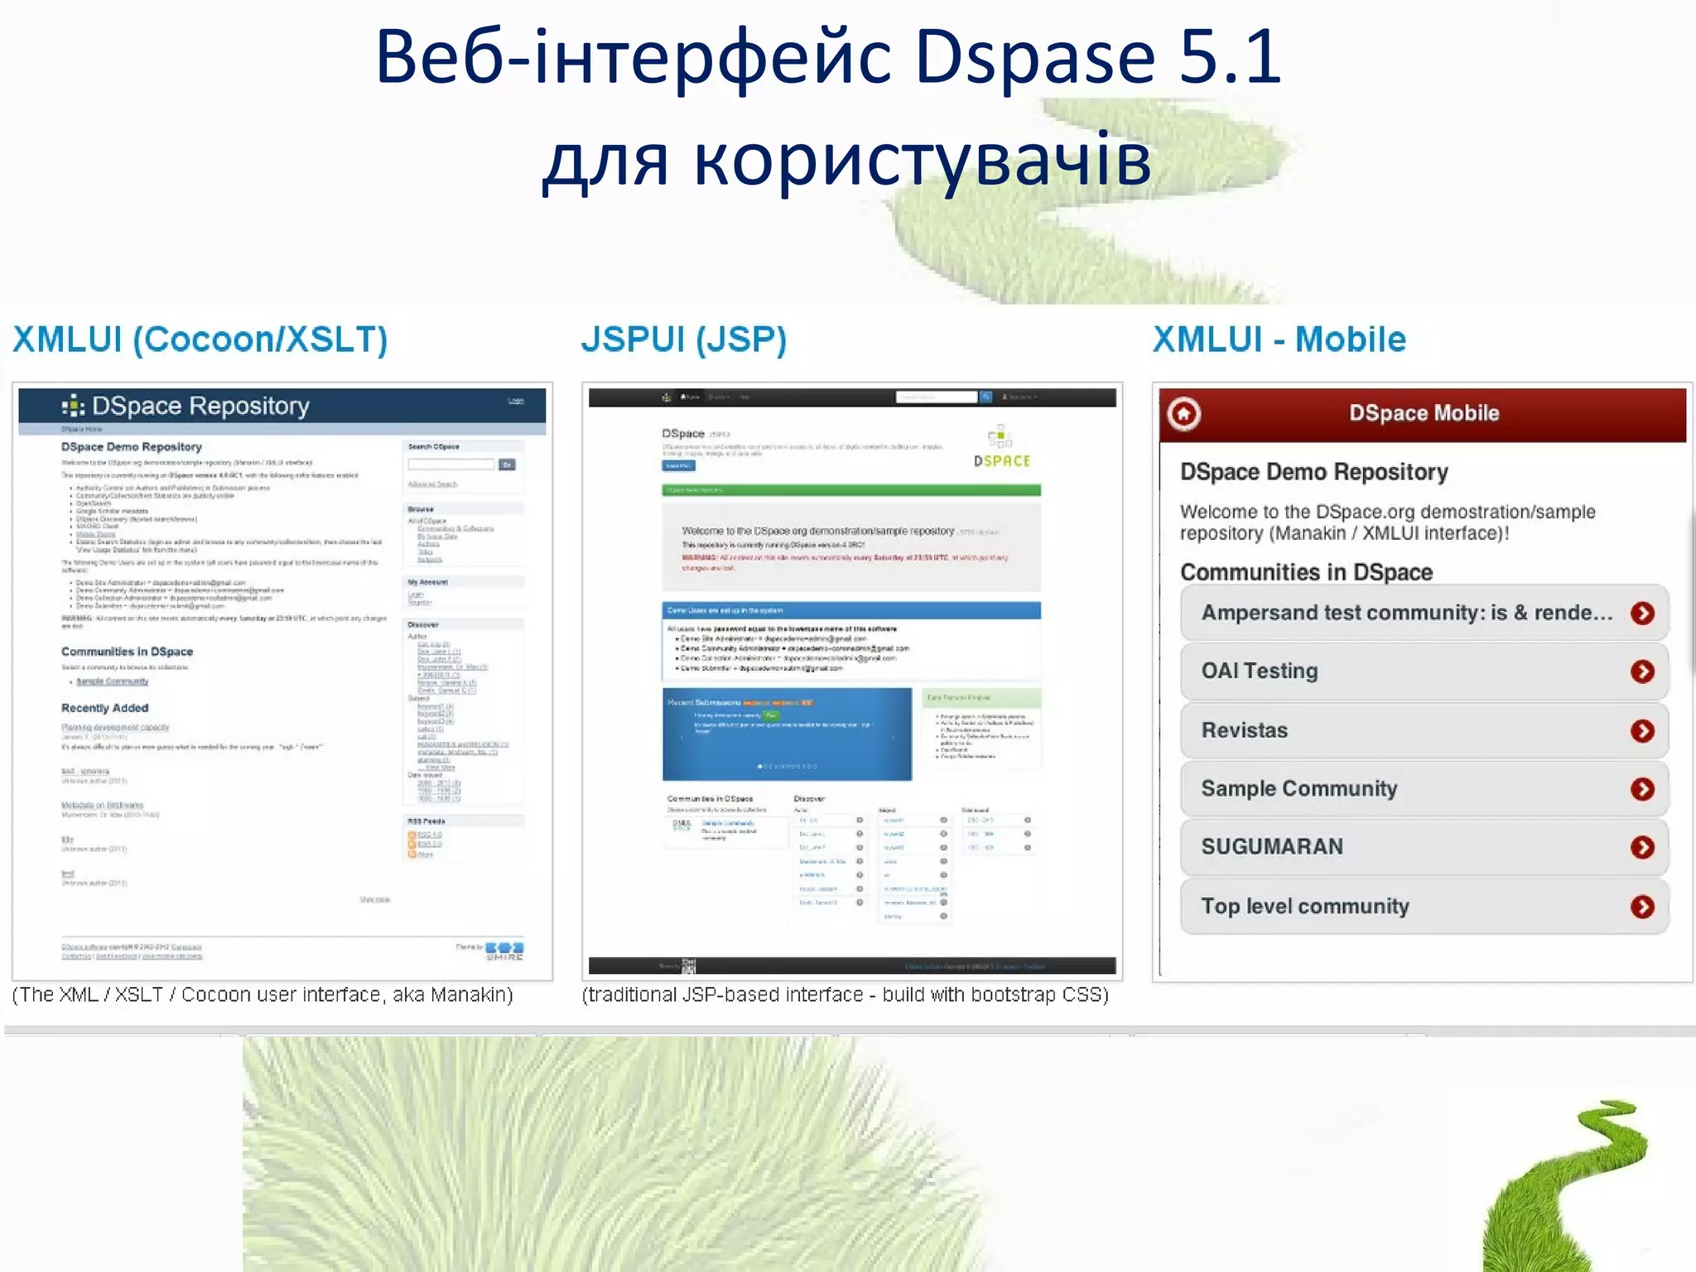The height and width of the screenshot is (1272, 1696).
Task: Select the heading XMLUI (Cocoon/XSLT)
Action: coord(200,340)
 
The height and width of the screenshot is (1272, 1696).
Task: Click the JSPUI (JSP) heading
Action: coord(684,340)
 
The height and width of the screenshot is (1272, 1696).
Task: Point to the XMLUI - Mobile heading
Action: coord(1279,340)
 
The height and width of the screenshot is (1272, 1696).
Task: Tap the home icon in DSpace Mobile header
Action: coord(1184,413)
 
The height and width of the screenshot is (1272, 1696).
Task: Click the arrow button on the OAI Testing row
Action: coord(1642,672)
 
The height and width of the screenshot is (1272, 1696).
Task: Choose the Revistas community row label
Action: coord(1245,730)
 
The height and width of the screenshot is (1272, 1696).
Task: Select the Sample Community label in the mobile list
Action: coord(1299,788)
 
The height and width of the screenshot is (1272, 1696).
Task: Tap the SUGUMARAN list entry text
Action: coord(1272,846)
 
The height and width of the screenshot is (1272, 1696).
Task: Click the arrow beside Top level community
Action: coord(1642,907)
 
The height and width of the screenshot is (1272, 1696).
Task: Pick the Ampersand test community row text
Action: coord(1406,613)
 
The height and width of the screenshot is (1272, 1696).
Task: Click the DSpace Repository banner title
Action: coord(200,406)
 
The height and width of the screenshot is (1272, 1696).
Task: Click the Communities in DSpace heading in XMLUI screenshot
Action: coord(127,652)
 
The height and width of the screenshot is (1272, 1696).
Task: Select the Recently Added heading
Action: coord(104,708)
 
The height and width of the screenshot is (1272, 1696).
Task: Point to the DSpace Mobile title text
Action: coord(1424,413)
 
